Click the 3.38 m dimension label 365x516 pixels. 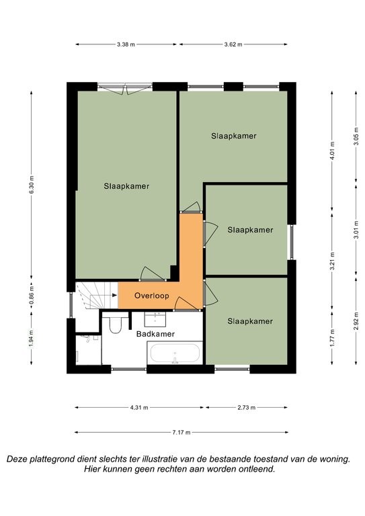(126, 44)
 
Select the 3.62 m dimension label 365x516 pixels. (233, 44)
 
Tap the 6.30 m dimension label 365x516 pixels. (32, 185)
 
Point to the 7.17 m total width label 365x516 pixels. (181, 433)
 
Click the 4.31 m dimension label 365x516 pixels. (139, 408)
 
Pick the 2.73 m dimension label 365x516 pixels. (247, 408)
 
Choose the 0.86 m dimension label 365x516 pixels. (32, 296)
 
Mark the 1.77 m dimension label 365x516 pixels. (333, 338)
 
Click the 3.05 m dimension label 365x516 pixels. (356, 136)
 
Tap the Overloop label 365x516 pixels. (152, 296)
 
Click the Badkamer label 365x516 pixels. (155, 334)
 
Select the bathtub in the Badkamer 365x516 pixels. (175, 353)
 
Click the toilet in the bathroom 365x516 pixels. (115, 322)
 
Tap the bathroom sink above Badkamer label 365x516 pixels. (155, 319)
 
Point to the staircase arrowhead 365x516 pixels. (114, 295)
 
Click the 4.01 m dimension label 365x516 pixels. (333, 150)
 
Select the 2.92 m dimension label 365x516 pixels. (356, 321)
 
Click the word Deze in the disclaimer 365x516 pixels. (17, 459)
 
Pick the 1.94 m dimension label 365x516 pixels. (32, 339)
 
